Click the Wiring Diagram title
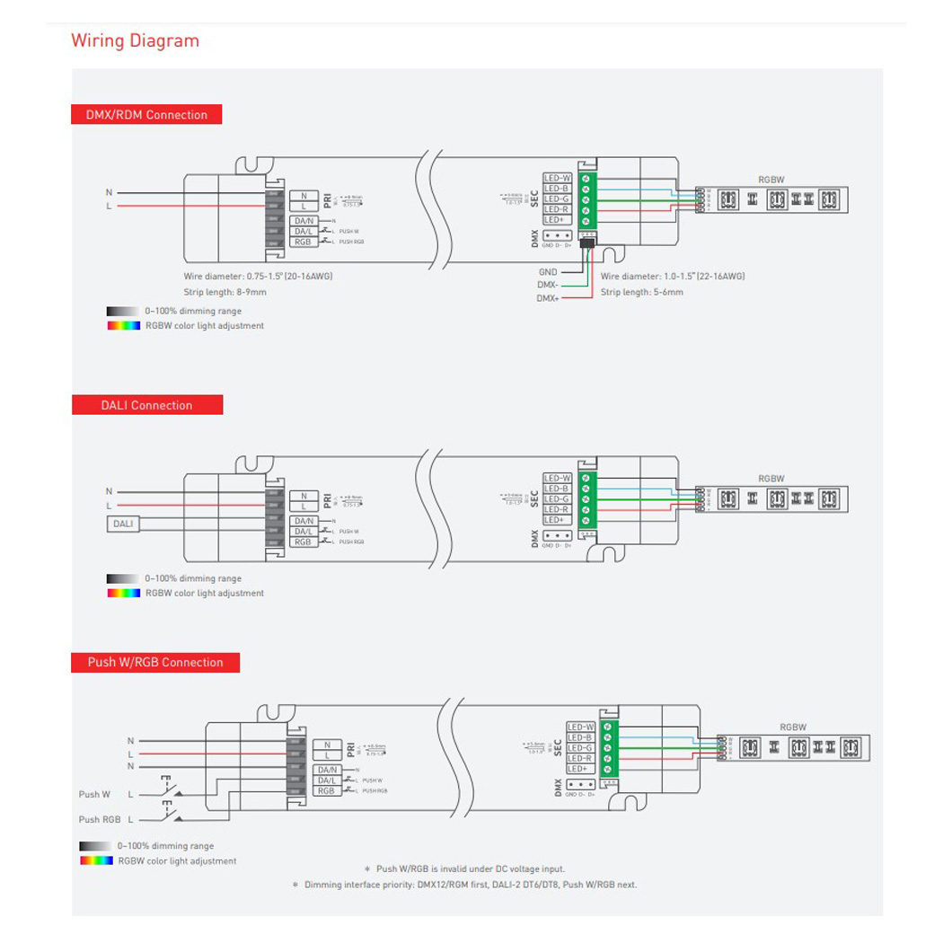tap(135, 40)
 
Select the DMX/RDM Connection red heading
tap(146, 115)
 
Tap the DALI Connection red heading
tap(146, 405)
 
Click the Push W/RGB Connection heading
tap(155, 663)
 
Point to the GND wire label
tap(548, 271)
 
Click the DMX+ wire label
tap(548, 298)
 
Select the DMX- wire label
tap(548, 285)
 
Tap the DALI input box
tap(122, 523)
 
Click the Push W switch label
tap(94, 795)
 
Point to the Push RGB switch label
tap(99, 819)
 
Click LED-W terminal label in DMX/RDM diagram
tap(557, 178)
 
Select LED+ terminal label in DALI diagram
tap(555, 520)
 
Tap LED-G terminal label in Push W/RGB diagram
tap(580, 748)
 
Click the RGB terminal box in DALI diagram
tap(303, 542)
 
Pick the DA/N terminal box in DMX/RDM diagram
tap(304, 221)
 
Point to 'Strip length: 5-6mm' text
tap(641, 292)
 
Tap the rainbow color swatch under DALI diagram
tap(123, 593)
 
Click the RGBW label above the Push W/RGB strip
tap(792, 727)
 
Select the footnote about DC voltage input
tap(464, 869)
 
